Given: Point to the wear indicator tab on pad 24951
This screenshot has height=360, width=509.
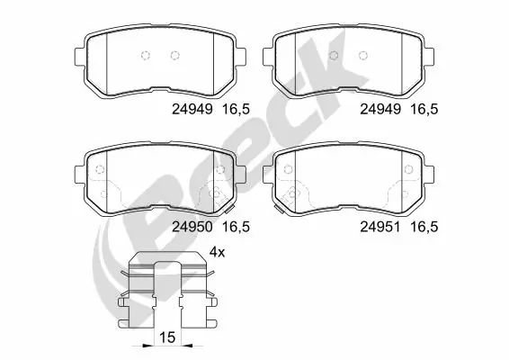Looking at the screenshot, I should click(x=282, y=211).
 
